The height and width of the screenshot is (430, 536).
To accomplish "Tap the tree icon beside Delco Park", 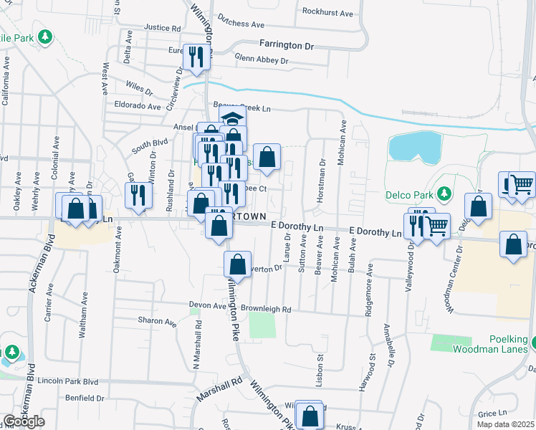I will coord(444,193).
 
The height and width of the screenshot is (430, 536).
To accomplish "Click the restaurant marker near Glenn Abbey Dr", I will coord(196,58).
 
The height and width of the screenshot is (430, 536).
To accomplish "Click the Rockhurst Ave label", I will coord(327,13).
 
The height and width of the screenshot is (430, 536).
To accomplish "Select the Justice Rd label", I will coord(162,28).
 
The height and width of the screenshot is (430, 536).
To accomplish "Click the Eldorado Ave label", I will coord(138,106).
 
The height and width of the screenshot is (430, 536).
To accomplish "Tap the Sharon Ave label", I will coord(157,322).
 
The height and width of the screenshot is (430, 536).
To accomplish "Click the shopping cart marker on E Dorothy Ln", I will coord(435,226).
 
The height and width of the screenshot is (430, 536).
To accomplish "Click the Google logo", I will coord(24,421).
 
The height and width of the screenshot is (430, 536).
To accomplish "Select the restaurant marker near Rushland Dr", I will coord(137,195).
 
